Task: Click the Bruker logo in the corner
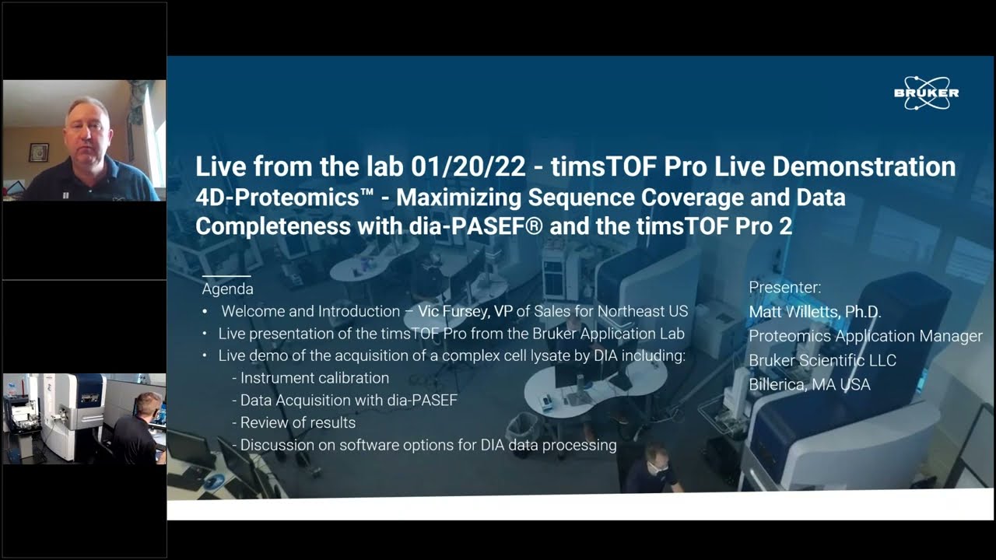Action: click(926, 93)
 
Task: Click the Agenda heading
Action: click(227, 289)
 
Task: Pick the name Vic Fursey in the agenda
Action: click(460, 311)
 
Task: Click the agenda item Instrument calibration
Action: click(314, 378)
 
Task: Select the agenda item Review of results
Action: click(297, 423)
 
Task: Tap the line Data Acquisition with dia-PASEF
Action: click(349, 401)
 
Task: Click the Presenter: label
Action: click(784, 288)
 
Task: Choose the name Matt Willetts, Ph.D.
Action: click(815, 312)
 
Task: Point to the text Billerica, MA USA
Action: click(809, 385)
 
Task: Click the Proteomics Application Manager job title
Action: click(865, 336)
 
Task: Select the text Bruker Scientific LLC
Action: click(822, 361)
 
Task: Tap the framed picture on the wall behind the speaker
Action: click(38, 152)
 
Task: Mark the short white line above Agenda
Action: click(226, 276)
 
